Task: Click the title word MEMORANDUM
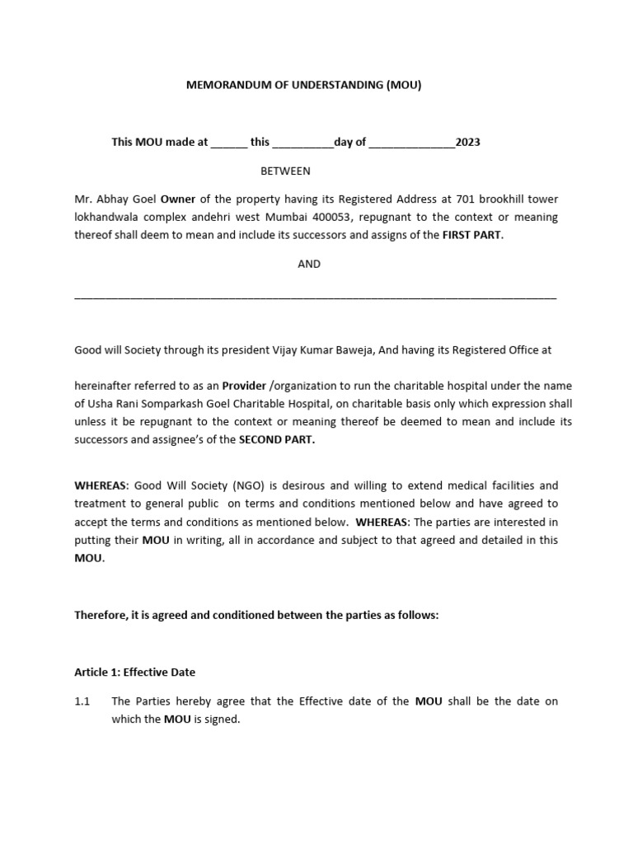tap(227, 85)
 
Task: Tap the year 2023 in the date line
tap(467, 142)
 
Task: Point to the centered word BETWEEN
tap(285, 171)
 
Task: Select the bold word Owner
tap(177, 199)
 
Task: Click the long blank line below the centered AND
tap(315, 296)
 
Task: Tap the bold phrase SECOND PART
tap(276, 439)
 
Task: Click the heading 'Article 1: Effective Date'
tap(135, 672)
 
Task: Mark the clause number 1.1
tap(82, 701)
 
